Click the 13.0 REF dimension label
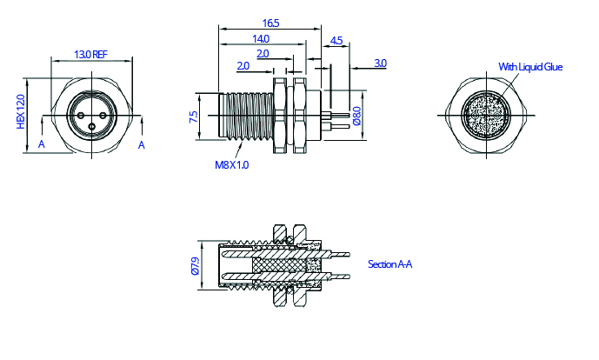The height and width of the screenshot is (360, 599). (x=90, y=54)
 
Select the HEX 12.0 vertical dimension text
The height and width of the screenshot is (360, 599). (x=21, y=113)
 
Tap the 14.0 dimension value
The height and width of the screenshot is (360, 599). (x=260, y=39)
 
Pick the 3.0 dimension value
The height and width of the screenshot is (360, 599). (x=380, y=63)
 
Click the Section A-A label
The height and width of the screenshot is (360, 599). (x=389, y=263)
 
